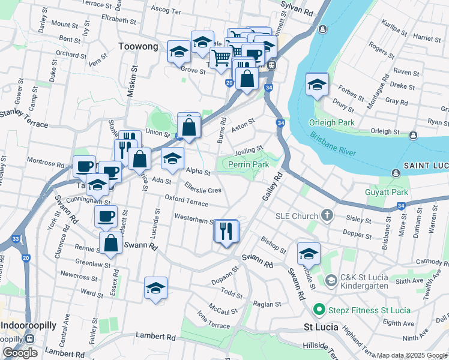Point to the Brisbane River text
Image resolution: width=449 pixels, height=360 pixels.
pos(333,145)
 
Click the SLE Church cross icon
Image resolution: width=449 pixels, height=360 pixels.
pos(327,215)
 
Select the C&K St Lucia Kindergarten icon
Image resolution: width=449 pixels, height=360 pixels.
pos(331,280)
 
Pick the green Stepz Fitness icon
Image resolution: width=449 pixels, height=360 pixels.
pos(319,310)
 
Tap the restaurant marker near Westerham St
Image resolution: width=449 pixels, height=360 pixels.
pos(226,230)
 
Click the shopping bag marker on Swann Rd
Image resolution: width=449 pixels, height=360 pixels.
pos(110,243)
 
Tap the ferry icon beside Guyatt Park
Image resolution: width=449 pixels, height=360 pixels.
pos(396,173)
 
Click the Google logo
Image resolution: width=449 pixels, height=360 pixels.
pos(20,353)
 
